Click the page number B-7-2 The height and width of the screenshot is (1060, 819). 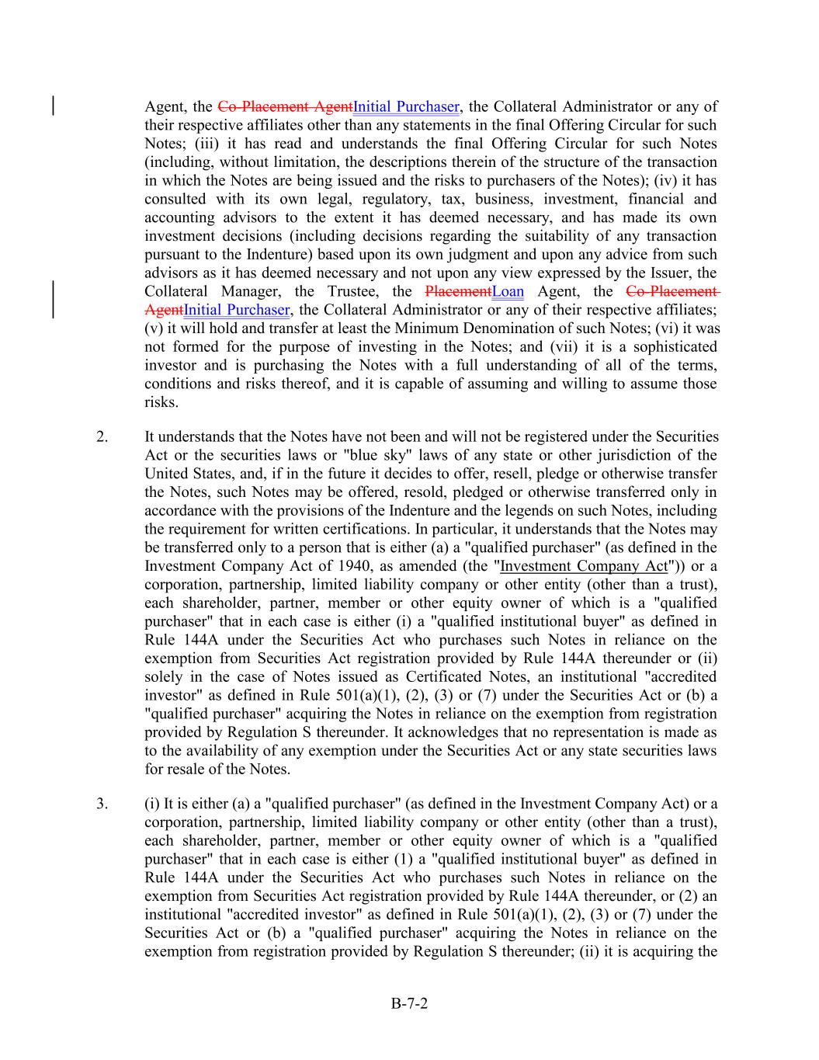(409, 1003)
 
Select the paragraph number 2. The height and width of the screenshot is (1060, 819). (102, 436)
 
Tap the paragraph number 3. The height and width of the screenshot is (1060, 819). (102, 804)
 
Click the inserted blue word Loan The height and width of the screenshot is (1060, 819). (508, 292)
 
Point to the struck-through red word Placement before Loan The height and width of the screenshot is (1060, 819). (458, 292)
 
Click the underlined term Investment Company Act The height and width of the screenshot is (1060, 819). (584, 566)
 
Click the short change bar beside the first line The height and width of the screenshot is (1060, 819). (53, 106)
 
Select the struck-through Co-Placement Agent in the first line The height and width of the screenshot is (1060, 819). (285, 106)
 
